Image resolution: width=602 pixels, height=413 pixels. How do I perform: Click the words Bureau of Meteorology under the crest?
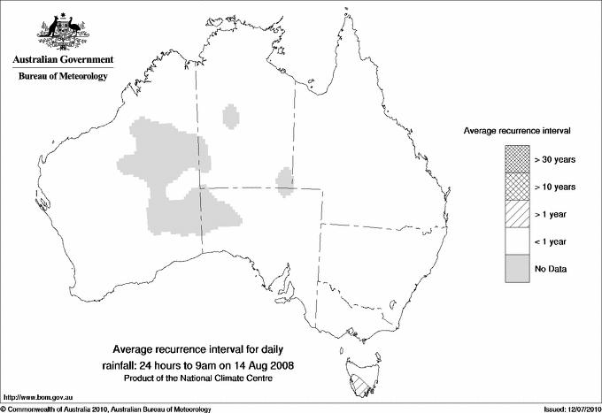pyautogui.click(x=63, y=76)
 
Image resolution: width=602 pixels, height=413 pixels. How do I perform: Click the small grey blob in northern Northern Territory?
pyautogui.click(x=232, y=116)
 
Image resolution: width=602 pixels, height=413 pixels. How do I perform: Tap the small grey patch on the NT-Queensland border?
pyautogui.click(x=285, y=180)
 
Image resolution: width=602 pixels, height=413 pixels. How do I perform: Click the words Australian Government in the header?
pyautogui.click(x=63, y=59)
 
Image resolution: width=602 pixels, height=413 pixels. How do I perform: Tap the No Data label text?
pyautogui.click(x=550, y=268)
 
